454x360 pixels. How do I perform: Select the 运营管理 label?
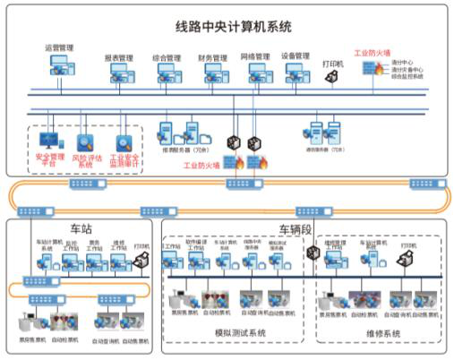[59, 47]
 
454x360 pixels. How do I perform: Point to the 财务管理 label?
[212, 56]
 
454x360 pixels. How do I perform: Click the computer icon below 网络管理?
[254, 72]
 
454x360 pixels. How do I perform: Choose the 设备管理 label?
[296, 55]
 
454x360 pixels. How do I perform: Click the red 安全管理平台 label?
[50, 159]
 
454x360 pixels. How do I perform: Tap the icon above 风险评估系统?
[85, 141]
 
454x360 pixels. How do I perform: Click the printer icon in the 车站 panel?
[141, 259]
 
